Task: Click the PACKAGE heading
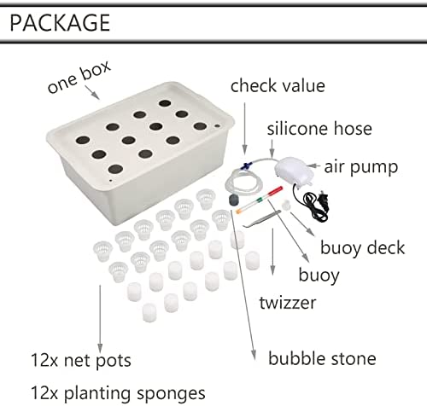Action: [x=60, y=23]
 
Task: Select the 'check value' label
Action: [x=278, y=85]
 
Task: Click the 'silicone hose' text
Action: [x=319, y=129]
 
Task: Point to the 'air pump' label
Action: [x=361, y=167]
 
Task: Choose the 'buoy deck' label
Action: [x=362, y=247]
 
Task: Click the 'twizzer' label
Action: [x=288, y=302]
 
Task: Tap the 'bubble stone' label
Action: [x=322, y=358]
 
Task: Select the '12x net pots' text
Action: [x=80, y=361]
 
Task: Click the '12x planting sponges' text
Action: [x=118, y=393]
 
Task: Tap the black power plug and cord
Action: [x=312, y=201]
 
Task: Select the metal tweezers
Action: [x=262, y=219]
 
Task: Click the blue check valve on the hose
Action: [x=246, y=165]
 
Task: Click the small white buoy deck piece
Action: [x=286, y=205]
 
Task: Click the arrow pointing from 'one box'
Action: [x=92, y=93]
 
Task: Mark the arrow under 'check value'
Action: [x=244, y=129]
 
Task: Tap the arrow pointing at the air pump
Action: [x=313, y=165]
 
